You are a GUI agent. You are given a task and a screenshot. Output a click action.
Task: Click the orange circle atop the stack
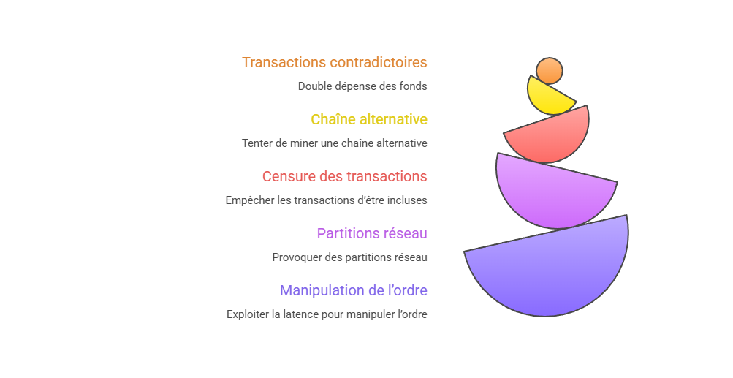coord(550,71)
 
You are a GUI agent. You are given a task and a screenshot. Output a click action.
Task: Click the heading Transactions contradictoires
coord(334,62)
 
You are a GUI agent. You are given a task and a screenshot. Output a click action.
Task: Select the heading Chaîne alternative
coord(369,119)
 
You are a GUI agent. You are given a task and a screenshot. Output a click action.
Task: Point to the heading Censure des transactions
coord(344,176)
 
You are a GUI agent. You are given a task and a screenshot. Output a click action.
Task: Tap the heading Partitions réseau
coord(371,233)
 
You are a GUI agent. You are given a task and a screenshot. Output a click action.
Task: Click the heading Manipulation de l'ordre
coord(353,290)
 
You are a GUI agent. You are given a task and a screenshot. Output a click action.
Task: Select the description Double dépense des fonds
coord(362,86)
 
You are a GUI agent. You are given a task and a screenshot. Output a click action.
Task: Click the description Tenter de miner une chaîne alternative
coord(334,143)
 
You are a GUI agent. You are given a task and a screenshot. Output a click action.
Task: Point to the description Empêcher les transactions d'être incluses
coord(326,200)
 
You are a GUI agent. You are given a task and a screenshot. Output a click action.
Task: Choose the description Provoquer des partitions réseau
coord(349,257)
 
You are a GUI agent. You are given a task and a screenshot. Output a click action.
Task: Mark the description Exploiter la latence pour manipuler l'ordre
coord(326,314)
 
